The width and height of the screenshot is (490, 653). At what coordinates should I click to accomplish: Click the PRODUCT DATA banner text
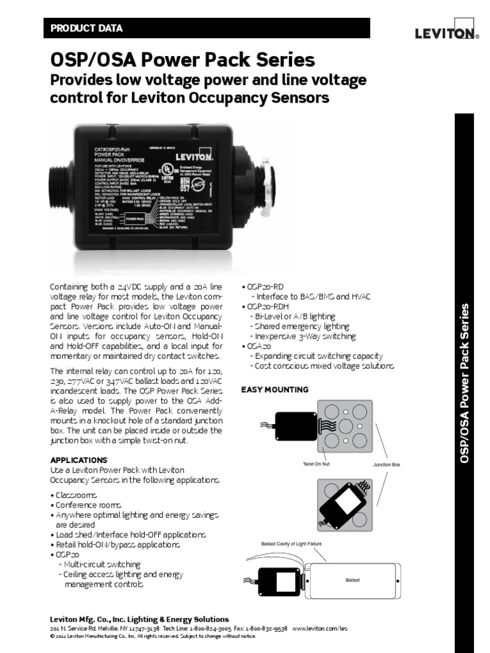click(86, 29)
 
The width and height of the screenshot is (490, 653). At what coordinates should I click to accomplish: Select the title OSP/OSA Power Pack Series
click(182, 61)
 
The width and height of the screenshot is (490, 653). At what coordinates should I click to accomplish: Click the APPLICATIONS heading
click(78, 460)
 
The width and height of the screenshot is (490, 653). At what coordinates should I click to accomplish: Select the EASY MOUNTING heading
click(274, 390)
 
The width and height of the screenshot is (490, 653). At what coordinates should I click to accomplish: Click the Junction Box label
click(387, 466)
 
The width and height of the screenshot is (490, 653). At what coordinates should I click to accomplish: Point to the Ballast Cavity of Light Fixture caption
click(292, 543)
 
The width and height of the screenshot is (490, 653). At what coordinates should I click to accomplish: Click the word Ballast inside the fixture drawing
click(353, 580)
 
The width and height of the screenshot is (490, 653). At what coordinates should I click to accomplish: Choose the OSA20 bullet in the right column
click(258, 346)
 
